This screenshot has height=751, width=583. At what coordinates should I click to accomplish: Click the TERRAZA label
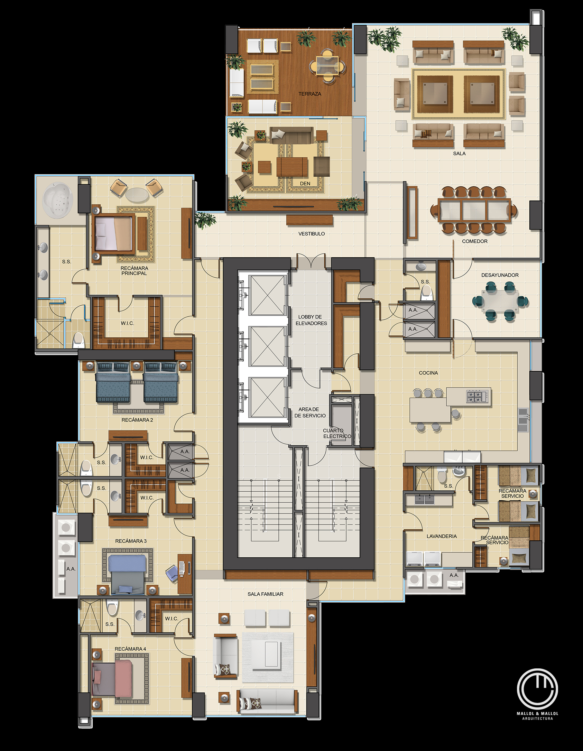(x=309, y=94)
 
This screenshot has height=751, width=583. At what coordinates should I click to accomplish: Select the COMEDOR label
(x=474, y=241)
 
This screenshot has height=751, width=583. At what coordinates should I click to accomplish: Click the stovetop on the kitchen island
(x=478, y=396)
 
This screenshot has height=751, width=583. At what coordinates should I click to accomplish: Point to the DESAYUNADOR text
(x=500, y=275)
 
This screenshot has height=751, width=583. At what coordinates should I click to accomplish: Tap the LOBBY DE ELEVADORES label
(x=311, y=320)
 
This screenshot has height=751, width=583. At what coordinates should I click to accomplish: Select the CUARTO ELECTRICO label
(x=336, y=433)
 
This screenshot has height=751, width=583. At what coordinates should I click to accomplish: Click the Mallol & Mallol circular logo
(x=537, y=689)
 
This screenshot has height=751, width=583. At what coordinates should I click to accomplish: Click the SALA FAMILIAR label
(x=265, y=594)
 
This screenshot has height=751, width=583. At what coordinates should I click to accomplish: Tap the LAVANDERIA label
(x=442, y=536)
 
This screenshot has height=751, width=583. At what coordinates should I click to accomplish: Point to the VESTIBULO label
(x=312, y=234)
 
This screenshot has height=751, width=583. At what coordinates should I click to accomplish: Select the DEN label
(x=305, y=184)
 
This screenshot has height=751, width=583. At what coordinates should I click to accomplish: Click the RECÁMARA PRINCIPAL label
(x=134, y=271)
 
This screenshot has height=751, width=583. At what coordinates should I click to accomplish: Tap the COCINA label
(x=428, y=373)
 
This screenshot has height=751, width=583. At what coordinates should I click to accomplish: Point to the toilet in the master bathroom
(x=78, y=340)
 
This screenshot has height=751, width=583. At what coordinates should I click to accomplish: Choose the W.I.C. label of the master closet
(x=127, y=323)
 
